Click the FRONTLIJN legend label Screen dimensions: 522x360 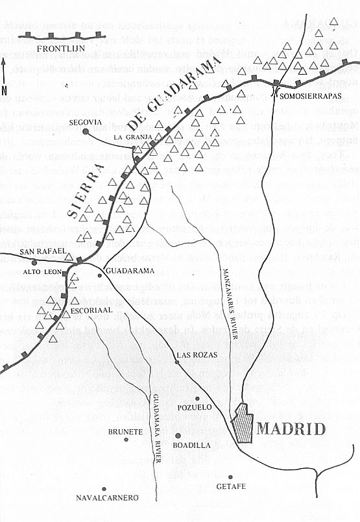click(x=57, y=48)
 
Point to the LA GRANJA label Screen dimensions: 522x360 click(x=127, y=138)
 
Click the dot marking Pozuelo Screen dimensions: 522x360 click(x=197, y=399)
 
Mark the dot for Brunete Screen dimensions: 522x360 click(x=126, y=440)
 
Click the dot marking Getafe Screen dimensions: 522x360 click(x=230, y=476)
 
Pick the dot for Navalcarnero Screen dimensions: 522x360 click(x=102, y=488)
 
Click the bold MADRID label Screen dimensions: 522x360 click(x=291, y=429)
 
